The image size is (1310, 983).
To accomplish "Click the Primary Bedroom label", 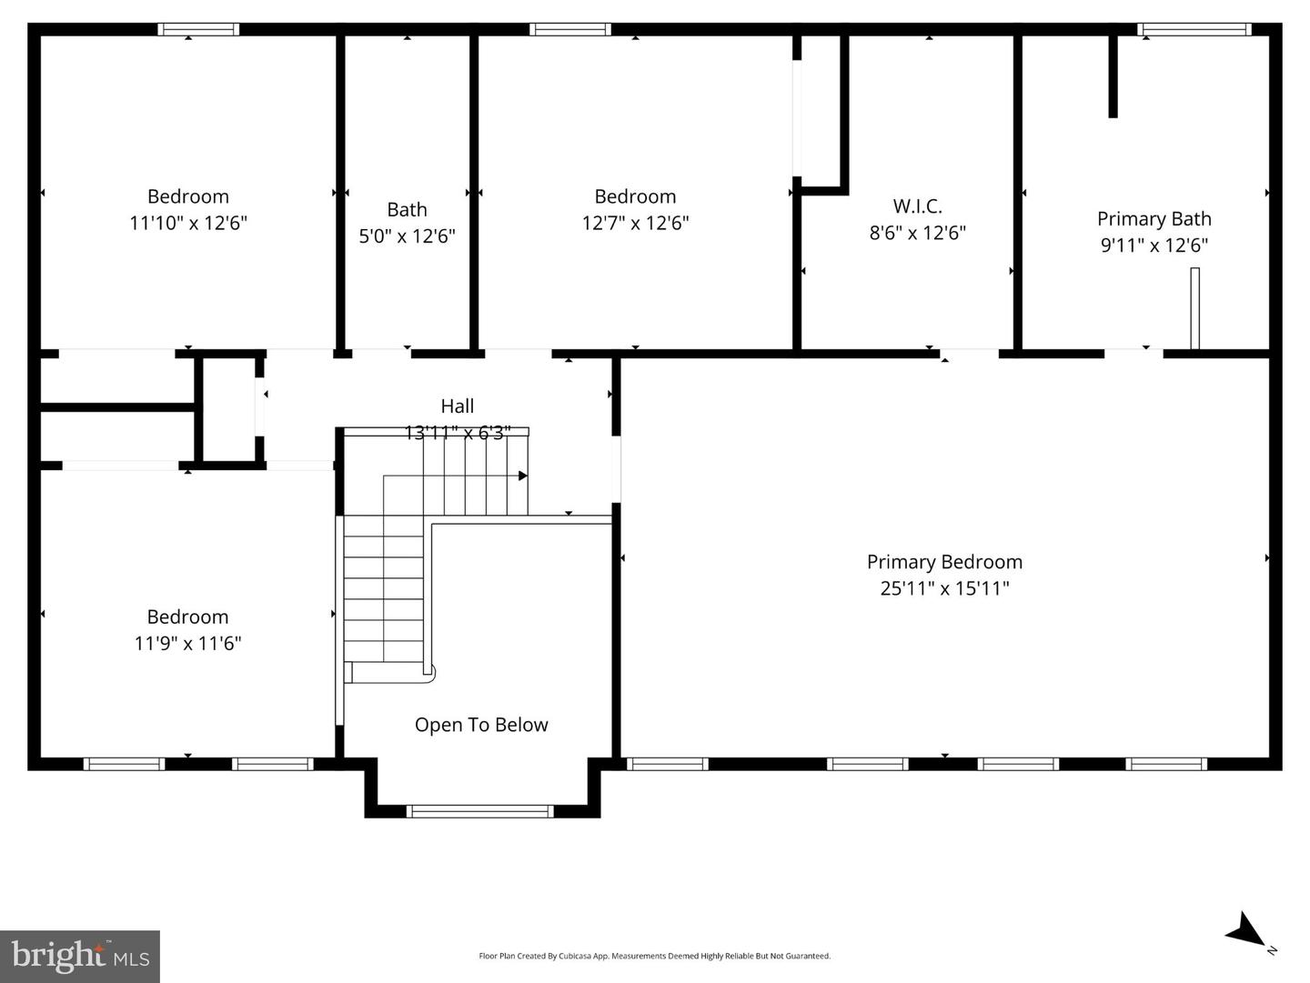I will point(944,562).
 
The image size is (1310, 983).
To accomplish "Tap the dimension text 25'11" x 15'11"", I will point(944,588).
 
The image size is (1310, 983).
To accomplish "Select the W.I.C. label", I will point(917,206).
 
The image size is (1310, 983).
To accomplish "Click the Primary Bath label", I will point(1154,219).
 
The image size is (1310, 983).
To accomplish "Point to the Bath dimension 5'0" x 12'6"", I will point(407,236).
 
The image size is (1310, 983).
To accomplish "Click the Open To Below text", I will point(481,725).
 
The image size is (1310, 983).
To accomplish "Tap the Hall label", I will point(457,406).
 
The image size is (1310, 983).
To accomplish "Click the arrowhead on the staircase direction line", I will point(523,476).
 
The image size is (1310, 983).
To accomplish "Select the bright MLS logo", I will point(80,957).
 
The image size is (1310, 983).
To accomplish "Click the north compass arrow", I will point(1246,931).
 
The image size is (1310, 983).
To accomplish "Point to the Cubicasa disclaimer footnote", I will point(654,956).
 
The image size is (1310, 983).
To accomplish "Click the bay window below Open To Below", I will point(479,811).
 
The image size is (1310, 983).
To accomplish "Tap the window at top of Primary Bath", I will point(1194,29).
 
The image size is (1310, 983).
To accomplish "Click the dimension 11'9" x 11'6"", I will point(187,644).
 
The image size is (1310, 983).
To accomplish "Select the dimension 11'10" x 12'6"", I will point(188,223).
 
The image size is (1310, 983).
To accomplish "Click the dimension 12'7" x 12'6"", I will point(635,223).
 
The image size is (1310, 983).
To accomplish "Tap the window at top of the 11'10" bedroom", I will point(198,29).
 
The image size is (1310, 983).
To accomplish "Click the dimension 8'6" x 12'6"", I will point(917,233).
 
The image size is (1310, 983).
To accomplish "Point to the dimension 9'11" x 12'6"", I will point(1154,246).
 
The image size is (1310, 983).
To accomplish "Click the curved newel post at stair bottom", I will point(429,674).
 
